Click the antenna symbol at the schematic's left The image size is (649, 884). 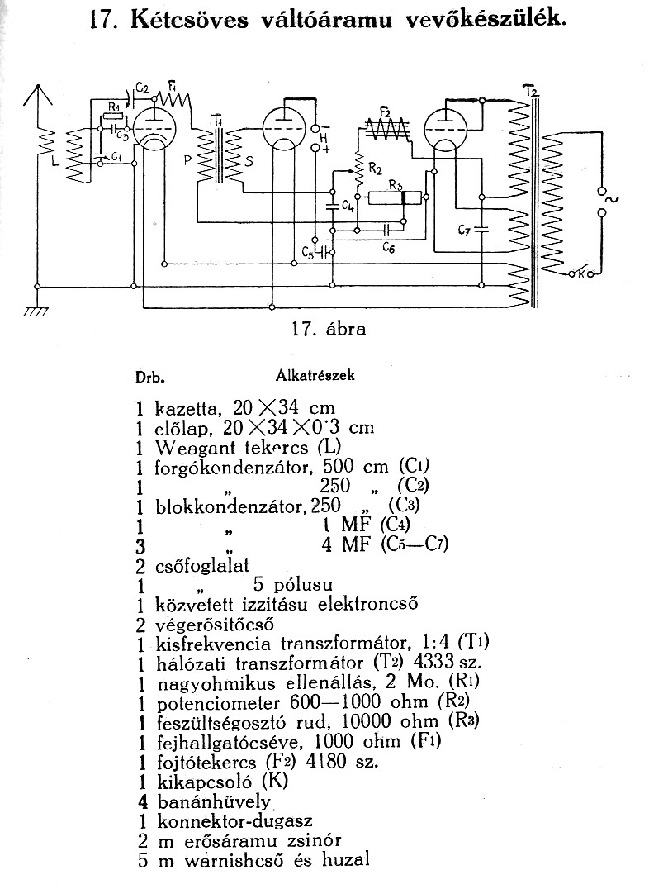(37, 96)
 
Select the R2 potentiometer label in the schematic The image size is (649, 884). (375, 168)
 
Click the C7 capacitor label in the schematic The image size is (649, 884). (464, 230)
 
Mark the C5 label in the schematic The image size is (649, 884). (307, 253)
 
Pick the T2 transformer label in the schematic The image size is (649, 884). (529, 90)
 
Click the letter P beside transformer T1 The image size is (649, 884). (188, 160)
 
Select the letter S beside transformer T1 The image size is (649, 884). (249, 161)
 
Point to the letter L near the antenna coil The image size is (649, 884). (54, 163)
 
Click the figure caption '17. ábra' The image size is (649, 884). (329, 329)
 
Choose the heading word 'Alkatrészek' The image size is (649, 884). (315, 375)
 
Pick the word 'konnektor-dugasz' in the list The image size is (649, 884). (234, 821)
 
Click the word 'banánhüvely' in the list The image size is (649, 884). (214, 801)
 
